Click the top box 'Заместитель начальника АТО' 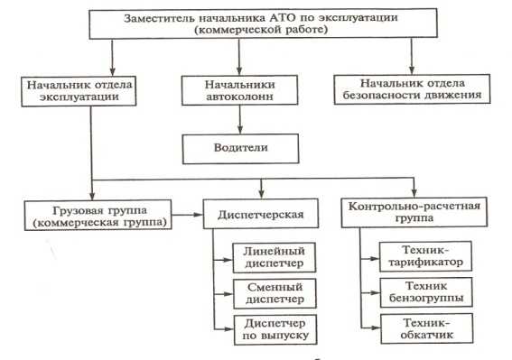[x=240, y=23]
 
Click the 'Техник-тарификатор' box [x=421, y=256]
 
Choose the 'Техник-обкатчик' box [x=421, y=328]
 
